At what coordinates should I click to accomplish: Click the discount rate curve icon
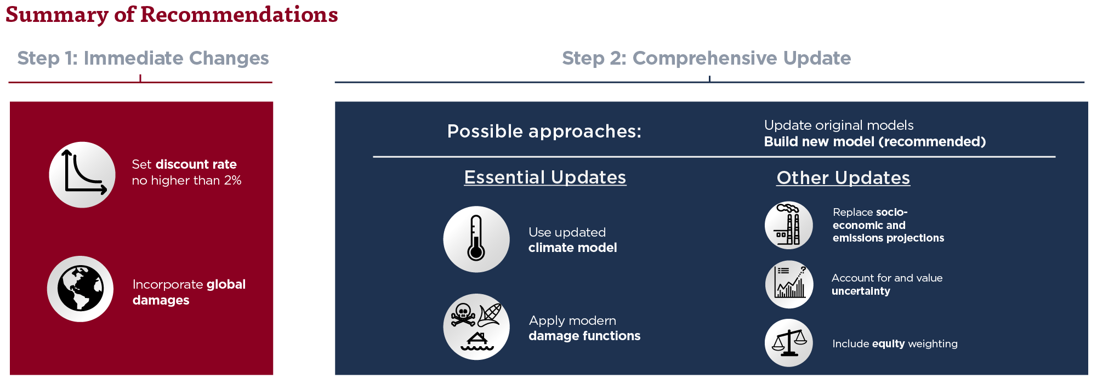tap(82, 175)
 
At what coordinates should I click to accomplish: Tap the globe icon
tap(80, 289)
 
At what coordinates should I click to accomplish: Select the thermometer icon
tap(476, 239)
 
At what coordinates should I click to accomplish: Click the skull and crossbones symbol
tap(463, 314)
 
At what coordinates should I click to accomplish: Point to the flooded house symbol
tap(477, 341)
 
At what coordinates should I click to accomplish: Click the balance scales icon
tap(789, 343)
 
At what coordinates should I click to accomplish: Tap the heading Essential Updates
tap(545, 177)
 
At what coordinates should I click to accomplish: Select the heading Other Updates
tap(843, 178)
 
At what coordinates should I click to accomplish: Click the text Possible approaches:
tap(544, 131)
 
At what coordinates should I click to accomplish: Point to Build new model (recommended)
tap(875, 142)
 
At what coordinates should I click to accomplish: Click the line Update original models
tap(839, 125)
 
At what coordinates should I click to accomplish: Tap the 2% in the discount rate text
tap(232, 180)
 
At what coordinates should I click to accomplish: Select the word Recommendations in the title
tap(239, 14)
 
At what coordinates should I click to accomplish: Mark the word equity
tap(888, 344)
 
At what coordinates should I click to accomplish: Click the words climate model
tap(573, 248)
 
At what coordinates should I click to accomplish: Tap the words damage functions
tap(584, 336)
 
